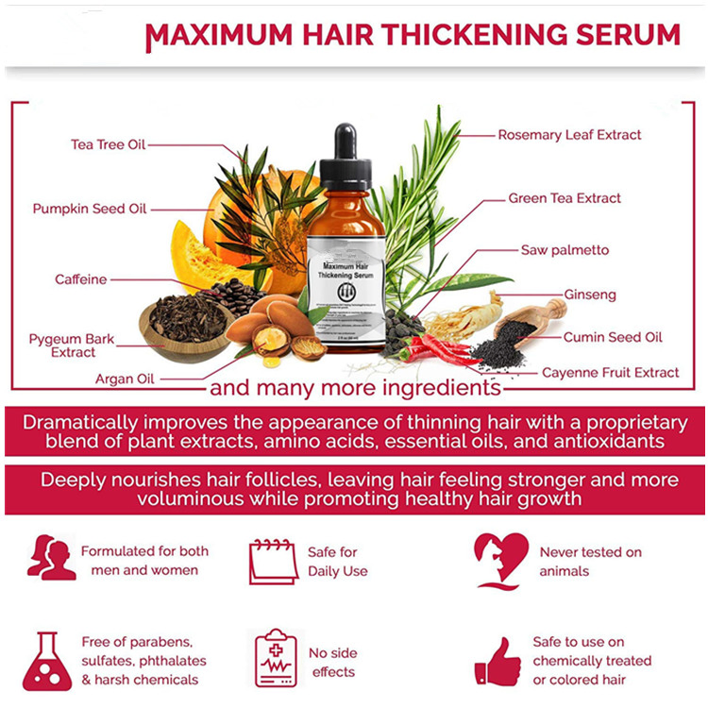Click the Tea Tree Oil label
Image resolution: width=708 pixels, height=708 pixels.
[109, 144]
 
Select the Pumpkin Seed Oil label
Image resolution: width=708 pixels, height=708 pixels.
[90, 209]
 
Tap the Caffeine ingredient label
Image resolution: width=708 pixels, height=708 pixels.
[81, 279]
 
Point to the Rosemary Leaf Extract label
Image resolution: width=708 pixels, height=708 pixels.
[569, 135]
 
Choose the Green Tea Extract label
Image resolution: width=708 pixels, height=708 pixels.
[565, 198]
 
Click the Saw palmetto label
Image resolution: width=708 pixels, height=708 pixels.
[565, 250]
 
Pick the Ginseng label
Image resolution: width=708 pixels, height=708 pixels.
[589, 295]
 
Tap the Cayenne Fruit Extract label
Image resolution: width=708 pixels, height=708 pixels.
[610, 373]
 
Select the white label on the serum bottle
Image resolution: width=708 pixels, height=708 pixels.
[346, 288]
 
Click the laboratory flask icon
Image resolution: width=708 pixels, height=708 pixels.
[47, 661]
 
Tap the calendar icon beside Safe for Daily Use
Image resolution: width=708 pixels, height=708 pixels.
[273, 562]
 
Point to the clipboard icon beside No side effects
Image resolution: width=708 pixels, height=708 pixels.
[276, 658]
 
